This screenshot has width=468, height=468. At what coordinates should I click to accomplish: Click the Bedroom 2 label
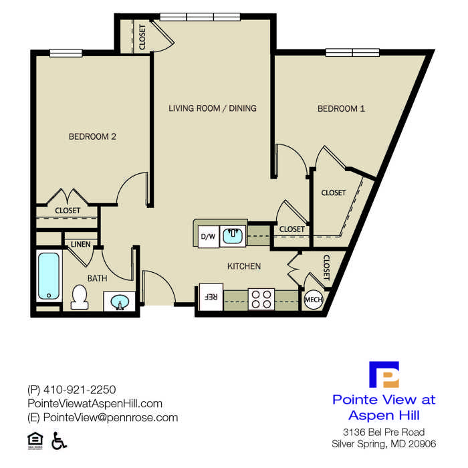coord(92,136)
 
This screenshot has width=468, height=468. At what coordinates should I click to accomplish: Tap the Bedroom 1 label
coord(341,108)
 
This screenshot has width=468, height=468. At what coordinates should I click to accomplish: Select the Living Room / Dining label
coord(213,108)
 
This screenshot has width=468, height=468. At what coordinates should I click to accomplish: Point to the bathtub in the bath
coord(49,276)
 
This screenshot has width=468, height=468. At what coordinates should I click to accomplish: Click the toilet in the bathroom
coord(80,297)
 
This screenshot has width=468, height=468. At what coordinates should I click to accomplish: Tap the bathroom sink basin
coord(120,302)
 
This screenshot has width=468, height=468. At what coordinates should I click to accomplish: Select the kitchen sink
coord(233,236)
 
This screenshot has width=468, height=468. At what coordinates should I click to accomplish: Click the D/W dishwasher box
coord(209,237)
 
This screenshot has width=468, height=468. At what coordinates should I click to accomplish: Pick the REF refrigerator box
coord(211,297)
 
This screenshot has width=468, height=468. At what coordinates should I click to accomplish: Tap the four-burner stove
coord(261,299)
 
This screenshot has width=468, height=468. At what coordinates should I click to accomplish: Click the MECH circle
coord(314,299)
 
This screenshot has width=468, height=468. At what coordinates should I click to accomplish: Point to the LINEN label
coord(81,245)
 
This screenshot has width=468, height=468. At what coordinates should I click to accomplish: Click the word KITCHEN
coord(244,266)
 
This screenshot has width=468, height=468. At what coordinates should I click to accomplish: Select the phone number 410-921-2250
coord(80,390)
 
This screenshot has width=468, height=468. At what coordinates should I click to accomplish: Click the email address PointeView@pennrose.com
coord(110,418)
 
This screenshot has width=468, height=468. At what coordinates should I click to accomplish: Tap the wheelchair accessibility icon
coord(59,441)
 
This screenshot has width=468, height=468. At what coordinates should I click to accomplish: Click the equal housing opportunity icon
coord(35,441)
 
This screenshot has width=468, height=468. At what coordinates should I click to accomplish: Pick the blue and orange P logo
coord(384,374)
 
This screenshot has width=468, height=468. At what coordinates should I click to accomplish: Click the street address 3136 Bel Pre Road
coord(384,432)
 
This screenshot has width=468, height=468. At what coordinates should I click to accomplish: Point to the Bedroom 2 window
coord(66,53)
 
